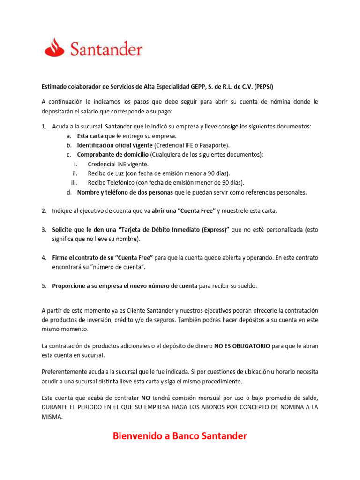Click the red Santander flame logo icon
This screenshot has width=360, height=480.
(55, 47)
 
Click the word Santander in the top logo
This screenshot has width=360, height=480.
(106, 49)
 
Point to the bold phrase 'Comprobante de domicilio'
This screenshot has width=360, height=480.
(113, 155)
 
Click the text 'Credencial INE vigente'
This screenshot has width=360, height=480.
(118, 164)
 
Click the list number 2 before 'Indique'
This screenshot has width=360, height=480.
(44, 211)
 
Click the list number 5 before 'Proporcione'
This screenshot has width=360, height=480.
(44, 286)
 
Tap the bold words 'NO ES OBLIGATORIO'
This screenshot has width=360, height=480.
(242, 346)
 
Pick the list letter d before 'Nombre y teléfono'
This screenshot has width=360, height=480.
(69, 192)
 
